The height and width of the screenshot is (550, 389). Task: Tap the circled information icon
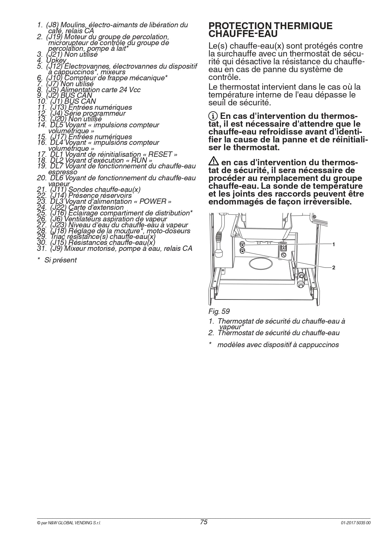[213, 116]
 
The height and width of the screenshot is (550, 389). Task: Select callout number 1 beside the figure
[334, 244]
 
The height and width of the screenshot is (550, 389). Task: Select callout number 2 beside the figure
[334, 267]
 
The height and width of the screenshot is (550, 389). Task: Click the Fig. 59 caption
[219, 311]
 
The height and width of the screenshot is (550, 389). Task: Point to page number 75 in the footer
[204, 522]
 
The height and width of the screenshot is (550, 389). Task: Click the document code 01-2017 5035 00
[356, 523]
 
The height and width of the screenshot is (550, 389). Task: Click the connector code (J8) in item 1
[52, 25]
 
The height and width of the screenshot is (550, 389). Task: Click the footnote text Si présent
[60, 260]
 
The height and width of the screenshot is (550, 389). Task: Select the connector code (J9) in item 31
[56, 249]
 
